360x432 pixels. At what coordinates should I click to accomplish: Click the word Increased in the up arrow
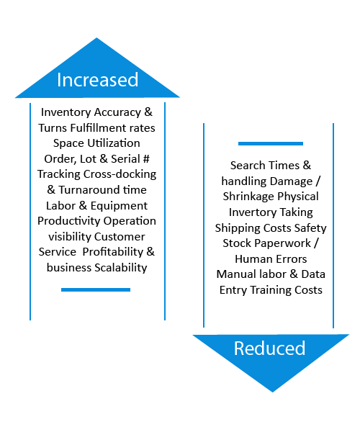pos(97,80)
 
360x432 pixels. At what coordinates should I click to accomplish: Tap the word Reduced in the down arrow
pos(270,348)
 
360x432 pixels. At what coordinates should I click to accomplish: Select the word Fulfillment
pos(99,128)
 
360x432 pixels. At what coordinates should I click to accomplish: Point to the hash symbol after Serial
pos(146,159)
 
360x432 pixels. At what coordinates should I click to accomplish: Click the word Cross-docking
pos(120,174)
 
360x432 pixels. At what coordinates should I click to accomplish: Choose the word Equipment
pos(119,206)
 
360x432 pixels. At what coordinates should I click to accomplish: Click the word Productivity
pos(69,221)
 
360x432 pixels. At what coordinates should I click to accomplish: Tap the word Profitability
pos(113,252)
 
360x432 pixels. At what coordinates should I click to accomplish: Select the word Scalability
pos(121,268)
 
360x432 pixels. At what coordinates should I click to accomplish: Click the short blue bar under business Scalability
pos(96,289)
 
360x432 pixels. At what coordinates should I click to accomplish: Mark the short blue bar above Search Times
pos(271,143)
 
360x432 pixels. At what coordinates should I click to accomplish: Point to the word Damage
pos(291,181)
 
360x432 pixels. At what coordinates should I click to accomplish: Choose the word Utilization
pos(114,143)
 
